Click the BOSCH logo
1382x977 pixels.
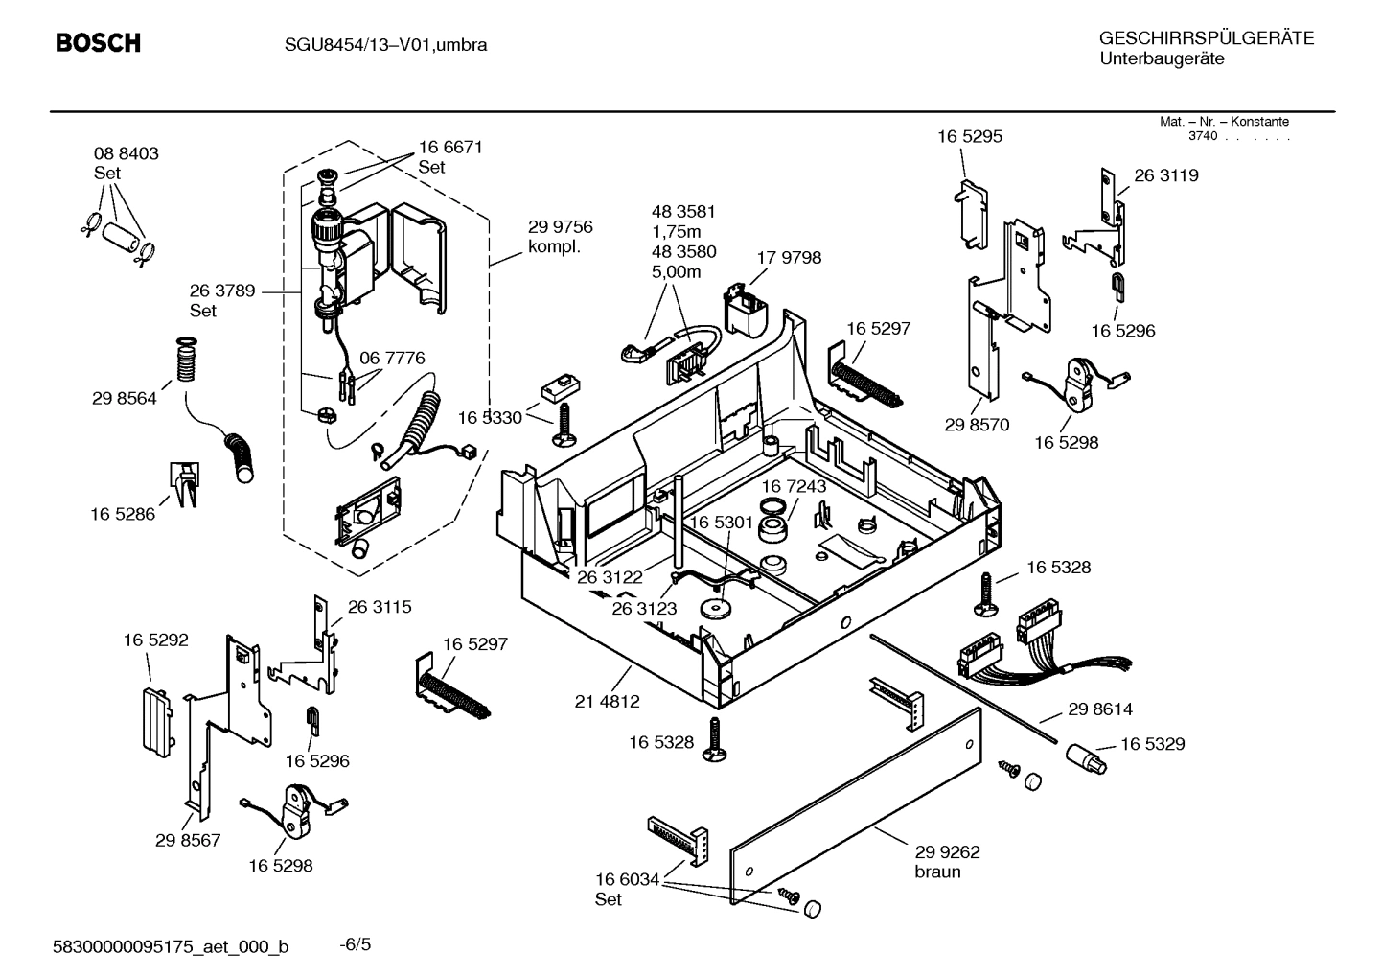tap(98, 43)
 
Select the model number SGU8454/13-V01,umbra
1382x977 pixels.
tap(385, 45)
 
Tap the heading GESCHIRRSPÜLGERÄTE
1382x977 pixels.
tap(1206, 38)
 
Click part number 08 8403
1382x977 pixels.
tap(126, 153)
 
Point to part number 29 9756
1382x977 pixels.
tap(560, 227)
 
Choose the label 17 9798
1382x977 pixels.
tap(788, 258)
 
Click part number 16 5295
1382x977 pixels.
tap(969, 136)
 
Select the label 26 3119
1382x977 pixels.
tap(1165, 175)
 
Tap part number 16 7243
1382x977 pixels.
tap(794, 486)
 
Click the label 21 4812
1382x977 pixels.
tap(607, 701)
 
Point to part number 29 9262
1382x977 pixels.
tap(947, 851)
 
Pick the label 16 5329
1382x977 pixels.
tap(1152, 744)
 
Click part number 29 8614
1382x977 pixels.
tap(1099, 709)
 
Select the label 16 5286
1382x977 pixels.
tap(123, 514)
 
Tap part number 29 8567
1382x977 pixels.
tap(188, 840)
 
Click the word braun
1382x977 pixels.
tap(936, 872)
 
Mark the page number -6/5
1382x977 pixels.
tap(356, 944)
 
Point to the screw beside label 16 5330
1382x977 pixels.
tap(563, 423)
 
